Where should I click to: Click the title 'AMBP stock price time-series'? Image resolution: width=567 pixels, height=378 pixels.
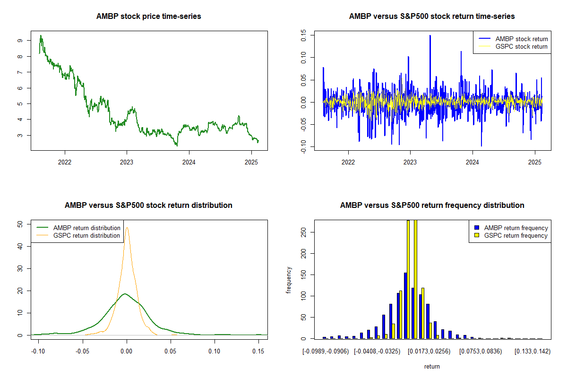click(149, 17)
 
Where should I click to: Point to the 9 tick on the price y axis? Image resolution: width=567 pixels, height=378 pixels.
click(19, 41)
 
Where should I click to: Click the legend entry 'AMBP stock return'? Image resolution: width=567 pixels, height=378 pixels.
click(521, 39)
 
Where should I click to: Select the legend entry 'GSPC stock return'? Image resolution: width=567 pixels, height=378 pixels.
click(521, 46)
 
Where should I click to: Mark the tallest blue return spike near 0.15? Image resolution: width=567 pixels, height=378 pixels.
click(430, 36)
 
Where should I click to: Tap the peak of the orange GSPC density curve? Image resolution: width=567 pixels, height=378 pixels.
click(127, 228)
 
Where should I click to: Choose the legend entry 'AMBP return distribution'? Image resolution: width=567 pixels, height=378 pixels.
click(86, 228)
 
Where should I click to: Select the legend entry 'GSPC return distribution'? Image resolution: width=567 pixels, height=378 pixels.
click(86, 235)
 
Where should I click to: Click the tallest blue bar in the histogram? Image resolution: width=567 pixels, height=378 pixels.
click(405, 305)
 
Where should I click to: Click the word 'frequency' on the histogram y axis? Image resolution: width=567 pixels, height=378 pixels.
click(289, 279)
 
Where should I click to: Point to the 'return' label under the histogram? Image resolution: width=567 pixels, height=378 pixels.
click(432, 366)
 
